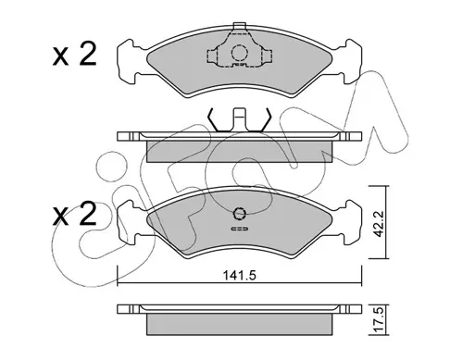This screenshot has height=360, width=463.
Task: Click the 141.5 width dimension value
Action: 240,275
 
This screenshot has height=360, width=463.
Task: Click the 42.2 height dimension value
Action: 378,223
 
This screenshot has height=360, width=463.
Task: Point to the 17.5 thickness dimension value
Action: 378,320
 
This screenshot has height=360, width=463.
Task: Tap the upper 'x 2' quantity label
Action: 74,55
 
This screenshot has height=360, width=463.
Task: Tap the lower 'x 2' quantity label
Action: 74,214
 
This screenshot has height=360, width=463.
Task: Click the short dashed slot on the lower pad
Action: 240,229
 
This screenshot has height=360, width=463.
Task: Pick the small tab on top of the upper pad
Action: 240,26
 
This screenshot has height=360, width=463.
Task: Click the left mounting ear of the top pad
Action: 128,61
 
